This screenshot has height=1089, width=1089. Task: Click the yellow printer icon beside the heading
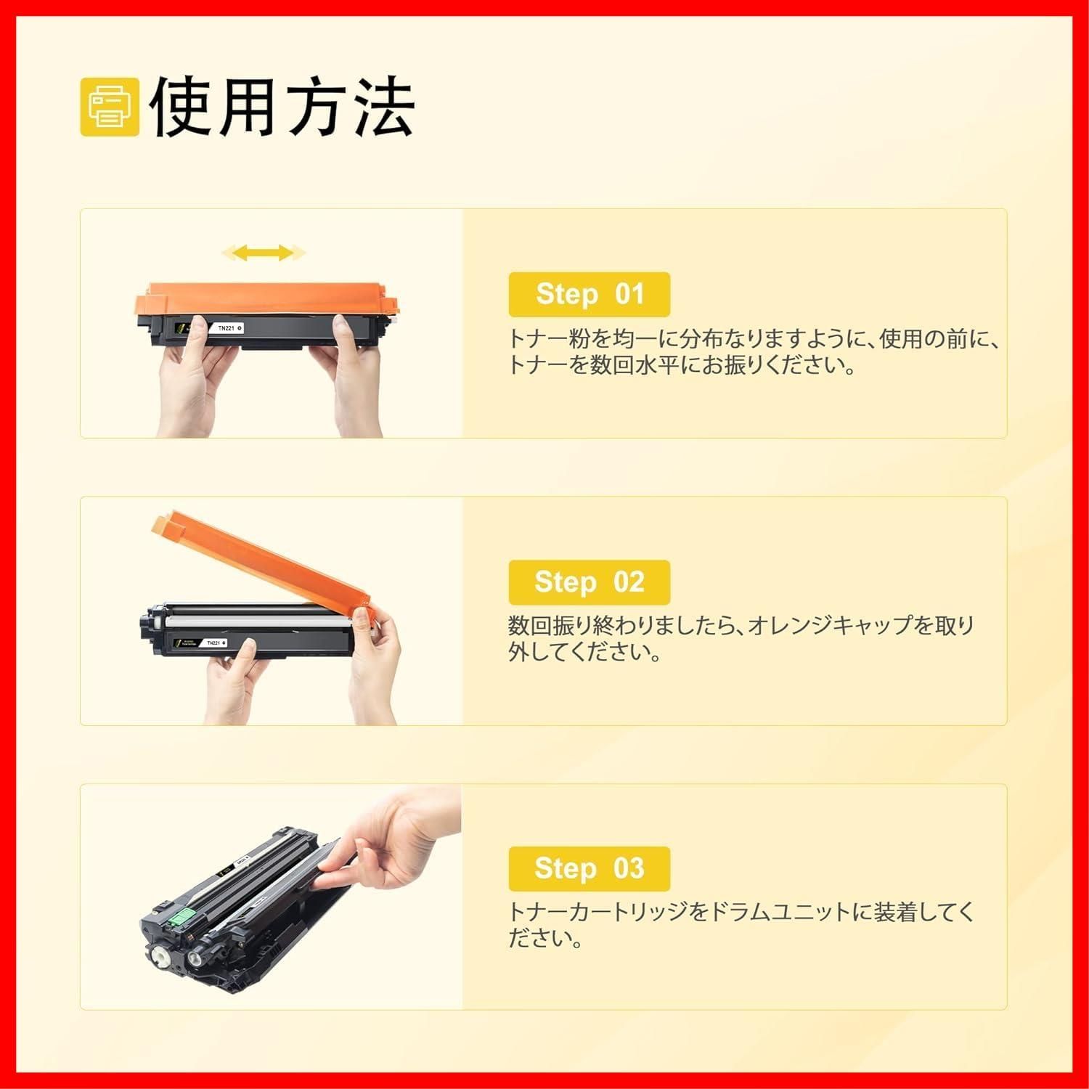pos(110,107)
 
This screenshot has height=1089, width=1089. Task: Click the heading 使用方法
pos(283,107)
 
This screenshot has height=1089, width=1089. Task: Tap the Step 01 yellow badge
pos(589,294)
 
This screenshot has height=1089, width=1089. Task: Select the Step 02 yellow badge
pos(589,582)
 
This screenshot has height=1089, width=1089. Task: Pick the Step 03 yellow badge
pos(589,868)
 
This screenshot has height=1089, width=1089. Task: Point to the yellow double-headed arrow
pos(264,253)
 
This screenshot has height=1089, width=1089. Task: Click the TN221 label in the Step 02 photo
pos(213,643)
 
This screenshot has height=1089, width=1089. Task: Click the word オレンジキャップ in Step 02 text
pos(828,625)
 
